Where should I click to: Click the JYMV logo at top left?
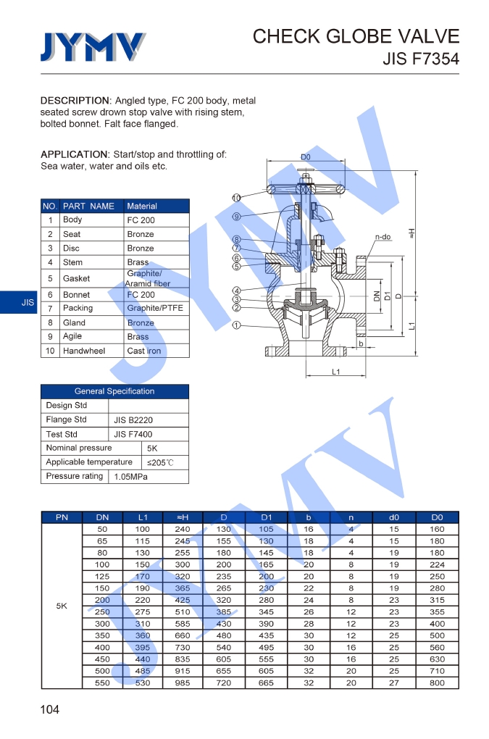point(92,47)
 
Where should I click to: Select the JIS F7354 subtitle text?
point(420,59)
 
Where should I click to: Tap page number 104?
point(50,709)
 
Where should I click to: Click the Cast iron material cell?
point(144,351)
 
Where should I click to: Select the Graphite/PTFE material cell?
point(155,308)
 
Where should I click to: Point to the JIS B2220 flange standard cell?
point(133,420)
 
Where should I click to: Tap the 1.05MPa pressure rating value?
point(131,477)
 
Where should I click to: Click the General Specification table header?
point(114,391)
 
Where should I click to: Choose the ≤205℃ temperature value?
point(160,462)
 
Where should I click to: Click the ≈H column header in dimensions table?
point(183,517)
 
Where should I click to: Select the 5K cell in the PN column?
point(62,606)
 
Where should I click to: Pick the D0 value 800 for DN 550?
point(437,682)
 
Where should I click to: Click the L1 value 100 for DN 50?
point(142,529)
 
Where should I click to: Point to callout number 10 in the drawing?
point(236,198)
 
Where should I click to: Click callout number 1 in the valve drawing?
point(236,325)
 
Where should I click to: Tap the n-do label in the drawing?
point(383,237)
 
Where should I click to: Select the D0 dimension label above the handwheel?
point(306,156)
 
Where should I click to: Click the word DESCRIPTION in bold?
point(75,100)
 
